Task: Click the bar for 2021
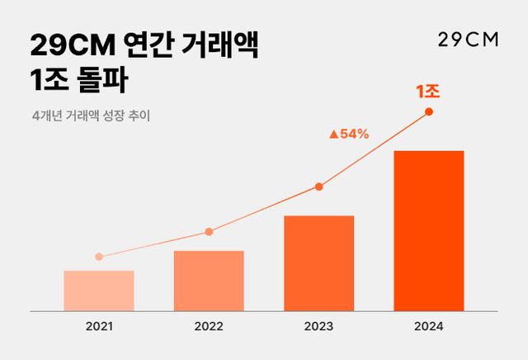click(98, 291)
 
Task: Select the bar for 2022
click(209, 281)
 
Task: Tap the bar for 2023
click(318, 263)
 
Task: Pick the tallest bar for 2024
click(429, 231)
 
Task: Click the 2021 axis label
click(99, 326)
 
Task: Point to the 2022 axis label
click(209, 326)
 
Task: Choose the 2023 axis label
click(318, 326)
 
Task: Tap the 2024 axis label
click(429, 326)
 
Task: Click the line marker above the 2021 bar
click(99, 257)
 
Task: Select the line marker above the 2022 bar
click(209, 232)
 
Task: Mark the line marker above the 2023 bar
click(318, 187)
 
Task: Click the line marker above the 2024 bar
click(429, 111)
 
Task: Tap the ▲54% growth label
click(348, 134)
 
